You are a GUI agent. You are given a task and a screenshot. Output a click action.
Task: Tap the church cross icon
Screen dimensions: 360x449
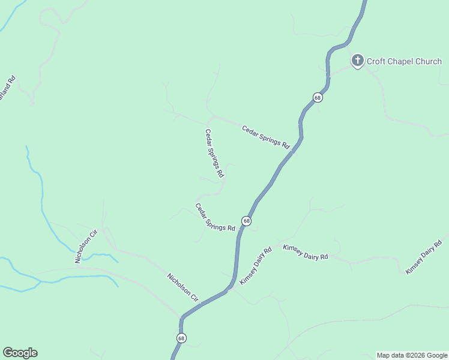(357, 60)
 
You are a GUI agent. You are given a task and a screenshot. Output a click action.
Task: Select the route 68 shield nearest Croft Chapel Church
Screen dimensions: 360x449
(318, 97)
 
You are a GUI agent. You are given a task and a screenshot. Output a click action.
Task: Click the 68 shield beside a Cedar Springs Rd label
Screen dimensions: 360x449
(246, 221)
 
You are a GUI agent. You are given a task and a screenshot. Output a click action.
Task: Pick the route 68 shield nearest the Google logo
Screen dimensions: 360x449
(181, 338)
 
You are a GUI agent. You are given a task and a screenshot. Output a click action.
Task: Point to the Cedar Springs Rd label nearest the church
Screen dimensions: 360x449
(266, 137)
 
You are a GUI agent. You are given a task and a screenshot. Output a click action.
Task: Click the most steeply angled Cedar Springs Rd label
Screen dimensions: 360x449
(214, 153)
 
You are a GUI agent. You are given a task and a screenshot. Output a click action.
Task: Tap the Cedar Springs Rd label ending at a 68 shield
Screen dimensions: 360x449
(214, 217)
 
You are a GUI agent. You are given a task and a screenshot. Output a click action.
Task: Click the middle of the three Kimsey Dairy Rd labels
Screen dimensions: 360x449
(306, 252)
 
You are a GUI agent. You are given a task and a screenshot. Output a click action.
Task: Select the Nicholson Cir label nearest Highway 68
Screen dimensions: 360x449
(182, 287)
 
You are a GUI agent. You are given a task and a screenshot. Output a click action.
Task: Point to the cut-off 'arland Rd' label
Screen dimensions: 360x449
(8, 88)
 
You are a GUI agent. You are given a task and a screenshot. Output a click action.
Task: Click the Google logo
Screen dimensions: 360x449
(20, 353)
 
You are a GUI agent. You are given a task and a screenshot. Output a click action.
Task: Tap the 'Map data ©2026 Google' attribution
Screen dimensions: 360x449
(412, 355)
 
